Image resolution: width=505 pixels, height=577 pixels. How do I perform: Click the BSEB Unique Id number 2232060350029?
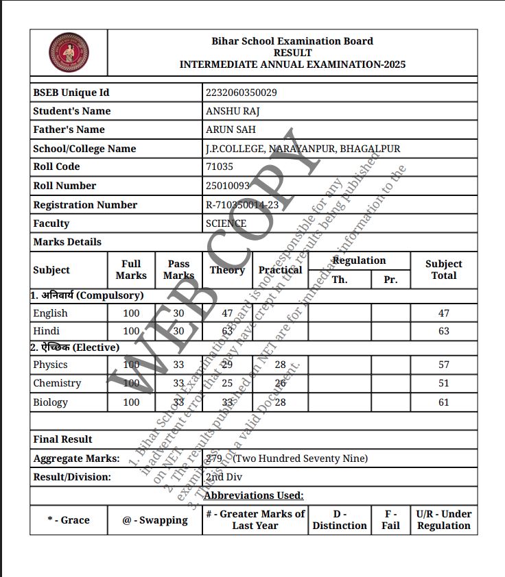pos(241,93)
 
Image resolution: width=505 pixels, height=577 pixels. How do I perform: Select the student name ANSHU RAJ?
pos(233,111)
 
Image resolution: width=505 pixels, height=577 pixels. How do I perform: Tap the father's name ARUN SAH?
pos(231,130)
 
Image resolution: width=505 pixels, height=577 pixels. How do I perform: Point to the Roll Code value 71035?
pos(220,167)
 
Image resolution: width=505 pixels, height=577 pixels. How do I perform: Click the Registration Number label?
pos(85,205)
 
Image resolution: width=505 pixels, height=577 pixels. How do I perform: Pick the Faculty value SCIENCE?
pos(226,223)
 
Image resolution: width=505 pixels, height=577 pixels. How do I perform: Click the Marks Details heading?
pos(67,242)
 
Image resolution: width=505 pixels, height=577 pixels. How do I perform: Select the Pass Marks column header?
pos(178,269)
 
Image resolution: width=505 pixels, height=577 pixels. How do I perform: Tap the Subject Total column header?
pos(443,269)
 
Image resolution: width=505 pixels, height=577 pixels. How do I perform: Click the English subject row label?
pos(51,313)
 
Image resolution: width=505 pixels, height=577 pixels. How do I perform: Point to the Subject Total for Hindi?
pos(443,331)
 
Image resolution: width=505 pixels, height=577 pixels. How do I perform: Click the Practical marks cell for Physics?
pos(280,365)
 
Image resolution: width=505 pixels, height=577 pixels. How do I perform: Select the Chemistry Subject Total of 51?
pos(443,383)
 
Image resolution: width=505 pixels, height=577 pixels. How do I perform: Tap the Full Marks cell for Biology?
pos(131,402)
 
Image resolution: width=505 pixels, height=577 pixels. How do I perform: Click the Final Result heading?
pos(62,439)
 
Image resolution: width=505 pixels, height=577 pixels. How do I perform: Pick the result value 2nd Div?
pos(224,477)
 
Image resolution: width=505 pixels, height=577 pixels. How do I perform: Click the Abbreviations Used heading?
pos(254,495)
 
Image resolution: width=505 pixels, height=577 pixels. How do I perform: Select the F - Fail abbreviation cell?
pos(390,519)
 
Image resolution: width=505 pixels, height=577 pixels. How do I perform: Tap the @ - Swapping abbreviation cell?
pos(155,520)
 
